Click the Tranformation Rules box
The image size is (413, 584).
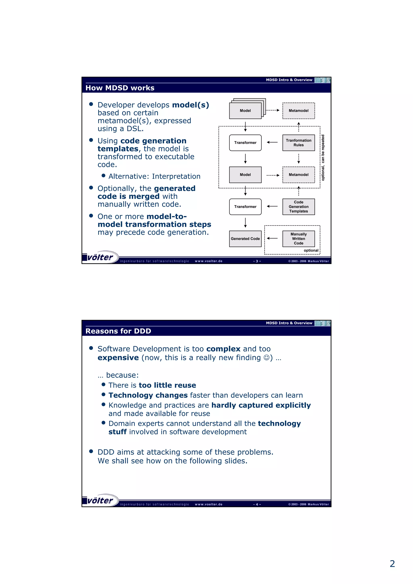click(298, 143)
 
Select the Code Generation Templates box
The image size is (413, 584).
click(298, 207)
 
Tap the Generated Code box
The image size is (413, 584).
click(245, 239)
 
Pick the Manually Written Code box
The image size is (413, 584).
click(298, 239)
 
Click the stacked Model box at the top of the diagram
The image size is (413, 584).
click(245, 110)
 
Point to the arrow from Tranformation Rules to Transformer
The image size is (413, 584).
click(272, 142)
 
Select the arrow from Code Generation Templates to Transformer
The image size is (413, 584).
click(272, 206)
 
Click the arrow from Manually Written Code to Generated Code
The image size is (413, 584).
click(272, 238)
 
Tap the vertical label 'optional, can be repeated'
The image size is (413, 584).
click(323, 158)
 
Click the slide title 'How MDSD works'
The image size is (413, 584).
click(120, 88)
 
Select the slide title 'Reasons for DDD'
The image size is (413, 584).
click(118, 331)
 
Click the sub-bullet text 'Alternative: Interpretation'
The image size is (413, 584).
click(154, 176)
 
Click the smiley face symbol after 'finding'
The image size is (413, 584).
click(266, 358)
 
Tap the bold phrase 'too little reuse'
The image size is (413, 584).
click(167, 385)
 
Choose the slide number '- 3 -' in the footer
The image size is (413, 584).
click(257, 261)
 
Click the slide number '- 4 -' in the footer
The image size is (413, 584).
click(257, 504)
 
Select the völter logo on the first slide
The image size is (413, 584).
click(100, 257)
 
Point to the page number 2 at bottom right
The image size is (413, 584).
click(392, 564)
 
